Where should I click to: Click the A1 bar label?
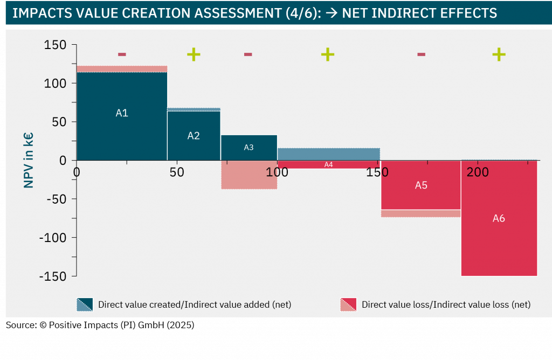point(122,113)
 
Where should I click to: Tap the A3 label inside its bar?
point(249,147)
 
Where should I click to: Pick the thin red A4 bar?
point(328,164)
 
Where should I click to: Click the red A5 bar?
point(421,185)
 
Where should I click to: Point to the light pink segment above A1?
point(122,68)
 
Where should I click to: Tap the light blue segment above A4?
point(328,154)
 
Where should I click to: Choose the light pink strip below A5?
point(421,213)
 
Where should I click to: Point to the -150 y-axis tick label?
point(53,276)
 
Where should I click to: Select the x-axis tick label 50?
point(177,172)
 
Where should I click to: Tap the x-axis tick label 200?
point(478,172)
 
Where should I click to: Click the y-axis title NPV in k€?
point(29,161)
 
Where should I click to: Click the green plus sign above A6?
point(499,54)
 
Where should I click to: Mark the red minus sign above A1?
point(122,54)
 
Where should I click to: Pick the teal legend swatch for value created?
point(85,304)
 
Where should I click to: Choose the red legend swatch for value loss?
point(348,304)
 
